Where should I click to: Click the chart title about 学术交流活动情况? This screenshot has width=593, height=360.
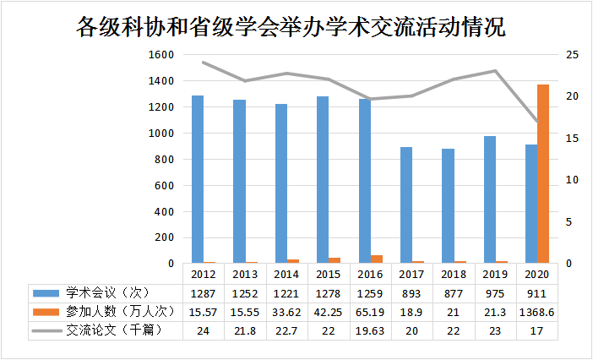[x=291, y=27]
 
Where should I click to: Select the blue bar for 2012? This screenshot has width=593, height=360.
[x=198, y=179]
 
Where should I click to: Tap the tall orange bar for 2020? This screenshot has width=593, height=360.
[x=543, y=173]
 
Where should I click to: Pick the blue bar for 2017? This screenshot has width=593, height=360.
[x=406, y=205]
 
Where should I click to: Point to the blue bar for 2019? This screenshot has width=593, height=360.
[x=490, y=199]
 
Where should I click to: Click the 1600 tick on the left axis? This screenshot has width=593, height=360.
[x=161, y=55]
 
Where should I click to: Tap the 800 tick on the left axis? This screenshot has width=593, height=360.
[x=164, y=160]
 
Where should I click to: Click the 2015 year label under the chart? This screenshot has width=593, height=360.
[x=329, y=275]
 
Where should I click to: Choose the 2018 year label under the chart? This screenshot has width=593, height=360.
[x=454, y=275]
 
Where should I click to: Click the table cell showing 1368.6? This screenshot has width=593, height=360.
[x=537, y=312]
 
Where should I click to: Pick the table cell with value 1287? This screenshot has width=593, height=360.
[x=204, y=293]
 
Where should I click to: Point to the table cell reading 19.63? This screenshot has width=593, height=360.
[x=370, y=330]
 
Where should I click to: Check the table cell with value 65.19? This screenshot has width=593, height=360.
[x=370, y=312]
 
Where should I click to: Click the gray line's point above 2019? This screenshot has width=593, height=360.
[x=496, y=71]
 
